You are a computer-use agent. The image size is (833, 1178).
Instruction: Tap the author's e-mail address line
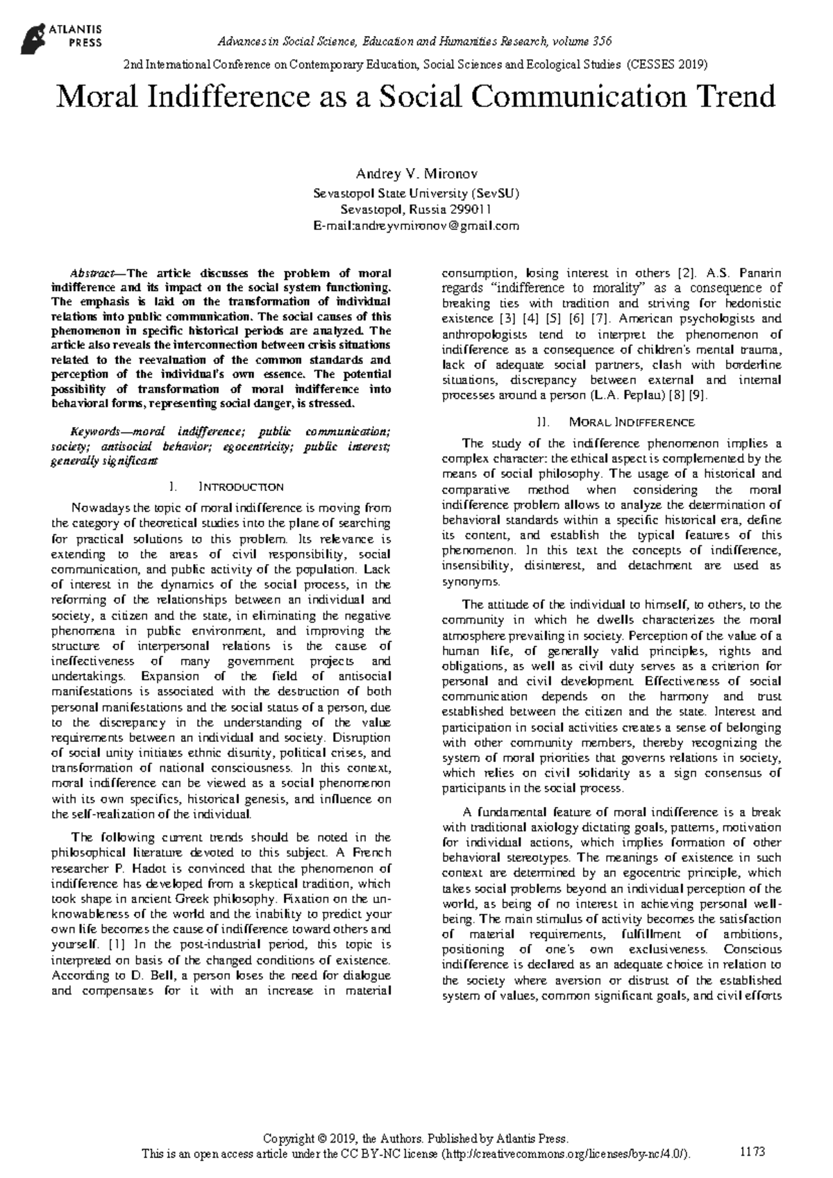tap(416, 226)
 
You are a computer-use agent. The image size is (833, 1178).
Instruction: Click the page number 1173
tap(752, 1152)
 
